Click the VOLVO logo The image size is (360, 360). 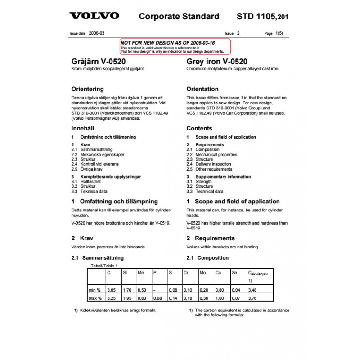coord(94,16)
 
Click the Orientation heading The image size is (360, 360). coord(202,89)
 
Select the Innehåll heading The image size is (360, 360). coord(85,128)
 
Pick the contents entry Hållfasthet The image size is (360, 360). coord(90,181)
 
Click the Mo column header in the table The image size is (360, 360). coord(202,273)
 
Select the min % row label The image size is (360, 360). coord(95,290)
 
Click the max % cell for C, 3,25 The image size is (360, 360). coord(111,298)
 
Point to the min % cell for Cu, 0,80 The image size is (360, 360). coord(220,290)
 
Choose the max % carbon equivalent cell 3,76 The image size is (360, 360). coord(253,298)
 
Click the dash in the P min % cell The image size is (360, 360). coord(154,290)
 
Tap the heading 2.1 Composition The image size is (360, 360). coord(207,258)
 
